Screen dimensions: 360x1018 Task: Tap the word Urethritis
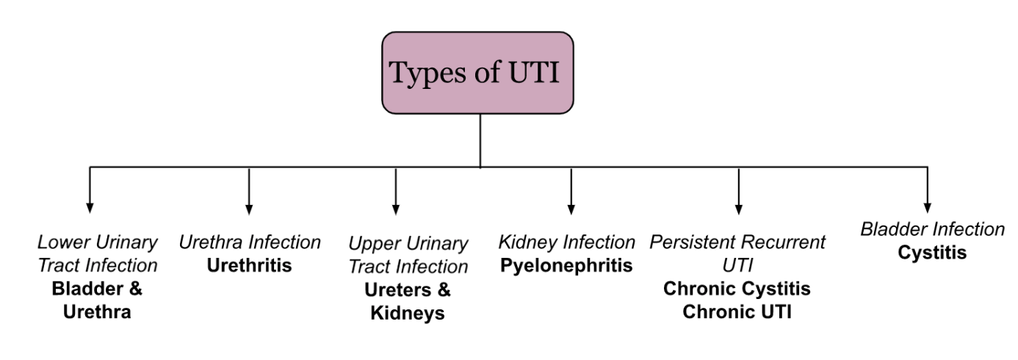[249, 265]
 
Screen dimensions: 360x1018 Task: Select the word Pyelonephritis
[566, 265]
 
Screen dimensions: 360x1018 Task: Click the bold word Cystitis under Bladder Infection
[932, 253]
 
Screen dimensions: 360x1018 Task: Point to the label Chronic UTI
[737, 312]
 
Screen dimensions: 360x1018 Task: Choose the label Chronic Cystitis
[737, 289]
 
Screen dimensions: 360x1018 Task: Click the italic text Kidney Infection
[566, 242]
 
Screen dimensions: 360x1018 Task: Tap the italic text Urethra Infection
[250, 242]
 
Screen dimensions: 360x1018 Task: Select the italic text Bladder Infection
[932, 229]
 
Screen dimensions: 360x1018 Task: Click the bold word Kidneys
[408, 313]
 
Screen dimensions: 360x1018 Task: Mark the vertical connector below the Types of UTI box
[480, 140]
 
